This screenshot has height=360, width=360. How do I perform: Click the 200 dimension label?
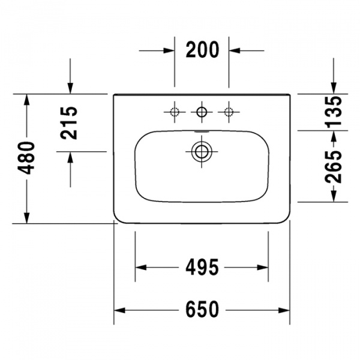202,50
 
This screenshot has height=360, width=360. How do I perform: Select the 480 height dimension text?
26,158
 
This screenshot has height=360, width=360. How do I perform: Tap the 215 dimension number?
68,123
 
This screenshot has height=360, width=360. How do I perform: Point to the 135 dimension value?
334,112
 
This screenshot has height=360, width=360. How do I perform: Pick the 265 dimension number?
334,166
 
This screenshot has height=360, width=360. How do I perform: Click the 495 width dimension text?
202,267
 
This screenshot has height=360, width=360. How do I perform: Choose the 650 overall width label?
202,310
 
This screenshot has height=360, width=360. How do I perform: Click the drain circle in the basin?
202,152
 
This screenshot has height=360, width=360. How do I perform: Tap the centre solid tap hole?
202,112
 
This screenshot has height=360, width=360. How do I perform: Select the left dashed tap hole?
175,112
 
